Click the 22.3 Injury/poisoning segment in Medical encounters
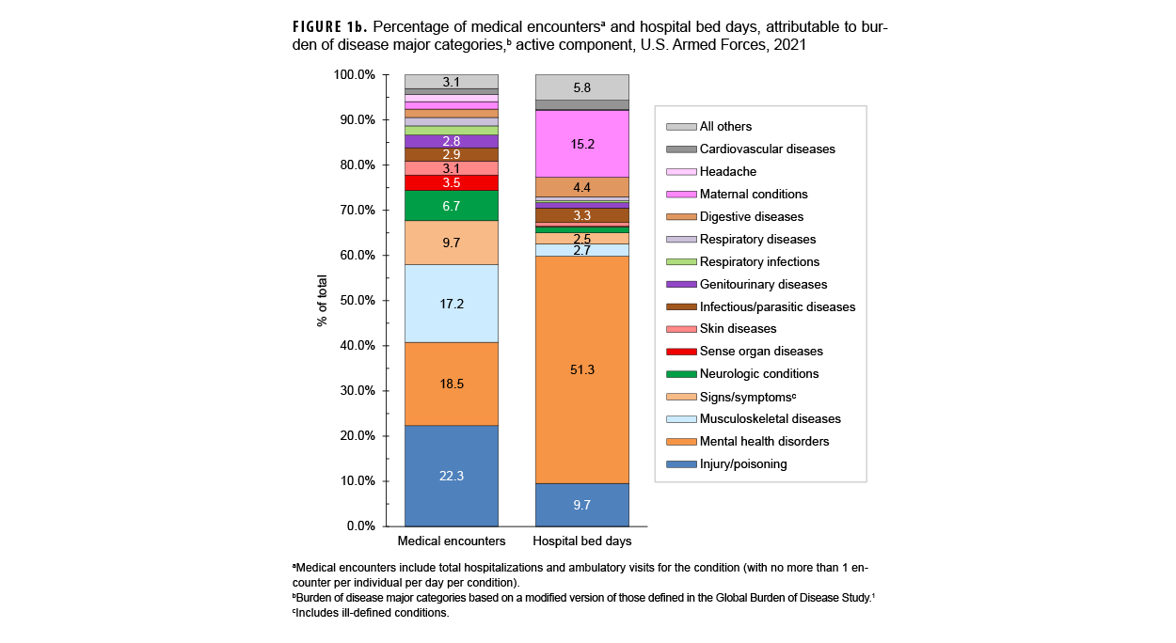pos(452,476)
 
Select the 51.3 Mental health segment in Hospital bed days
pos(581,369)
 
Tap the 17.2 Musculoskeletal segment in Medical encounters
pos(452,304)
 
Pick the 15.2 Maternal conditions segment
pos(581,144)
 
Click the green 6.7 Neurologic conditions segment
pos(452,206)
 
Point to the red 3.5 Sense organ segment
pos(452,183)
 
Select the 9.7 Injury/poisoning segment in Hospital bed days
pos(581,505)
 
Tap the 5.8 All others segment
pos(581,87)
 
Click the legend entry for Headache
pos(727,172)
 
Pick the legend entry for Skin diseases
pos(738,329)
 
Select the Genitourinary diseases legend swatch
pos(681,285)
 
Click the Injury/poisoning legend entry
pos(743,464)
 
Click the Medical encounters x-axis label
pos(452,541)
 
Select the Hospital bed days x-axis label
pos(581,541)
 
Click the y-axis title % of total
pos(322,301)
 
